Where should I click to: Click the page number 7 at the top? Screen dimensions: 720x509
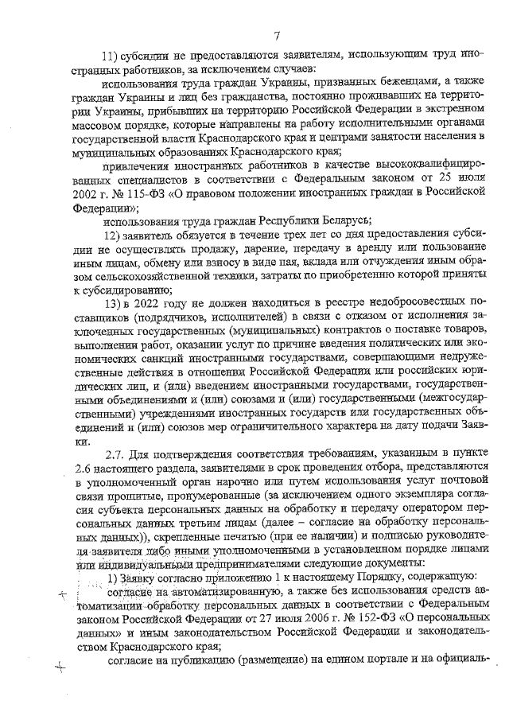click(275, 34)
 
